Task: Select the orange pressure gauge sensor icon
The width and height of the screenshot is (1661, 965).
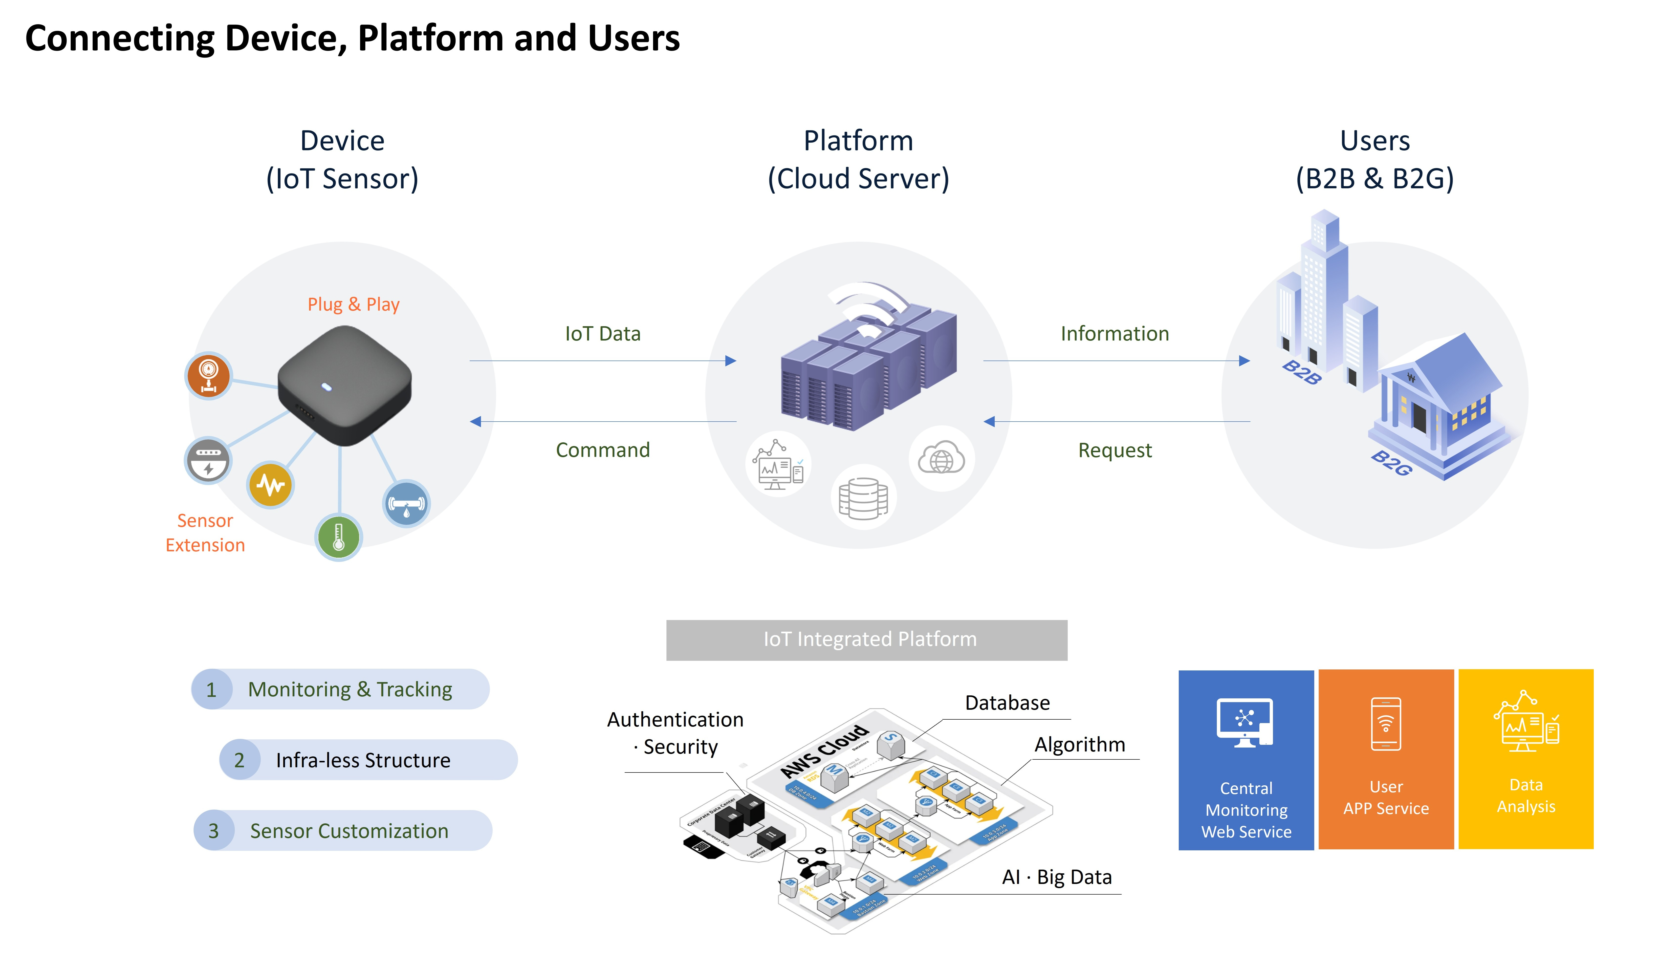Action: point(208,376)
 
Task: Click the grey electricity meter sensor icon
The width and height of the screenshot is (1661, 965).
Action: point(208,460)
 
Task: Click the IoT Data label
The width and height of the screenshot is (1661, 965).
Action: point(602,334)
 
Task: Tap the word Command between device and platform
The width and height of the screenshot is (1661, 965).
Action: point(602,450)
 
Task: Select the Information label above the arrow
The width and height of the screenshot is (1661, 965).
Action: point(1115,334)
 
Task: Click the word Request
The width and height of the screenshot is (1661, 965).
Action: point(1115,450)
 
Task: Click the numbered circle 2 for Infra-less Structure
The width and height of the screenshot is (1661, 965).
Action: point(239,760)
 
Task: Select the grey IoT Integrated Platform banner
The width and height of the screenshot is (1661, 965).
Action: point(867,639)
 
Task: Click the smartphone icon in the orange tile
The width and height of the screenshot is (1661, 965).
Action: point(1385,724)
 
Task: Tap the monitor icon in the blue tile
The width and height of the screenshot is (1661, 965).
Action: point(1245,722)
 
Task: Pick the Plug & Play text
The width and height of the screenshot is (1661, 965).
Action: point(353,304)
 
